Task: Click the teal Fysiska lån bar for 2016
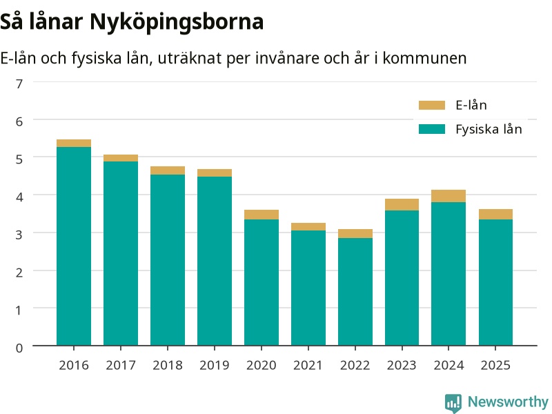click(x=74, y=246)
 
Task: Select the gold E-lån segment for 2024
click(x=448, y=196)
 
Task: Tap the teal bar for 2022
click(x=355, y=292)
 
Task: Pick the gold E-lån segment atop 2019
click(x=215, y=173)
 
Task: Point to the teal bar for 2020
click(x=262, y=282)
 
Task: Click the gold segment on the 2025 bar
click(x=495, y=215)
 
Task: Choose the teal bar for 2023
click(x=402, y=278)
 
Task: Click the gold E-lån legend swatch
click(x=432, y=106)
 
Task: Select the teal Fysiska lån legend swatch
click(x=432, y=129)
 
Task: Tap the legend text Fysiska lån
click(x=489, y=129)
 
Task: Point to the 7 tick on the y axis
click(x=19, y=83)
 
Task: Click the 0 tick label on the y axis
click(x=19, y=348)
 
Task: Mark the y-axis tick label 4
click(x=19, y=197)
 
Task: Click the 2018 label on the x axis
click(x=168, y=365)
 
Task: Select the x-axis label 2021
click(x=308, y=365)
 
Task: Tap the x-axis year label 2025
click(x=495, y=365)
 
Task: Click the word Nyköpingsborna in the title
click(x=177, y=22)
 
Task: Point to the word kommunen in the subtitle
click(x=424, y=58)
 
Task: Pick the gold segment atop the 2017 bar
click(x=120, y=158)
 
